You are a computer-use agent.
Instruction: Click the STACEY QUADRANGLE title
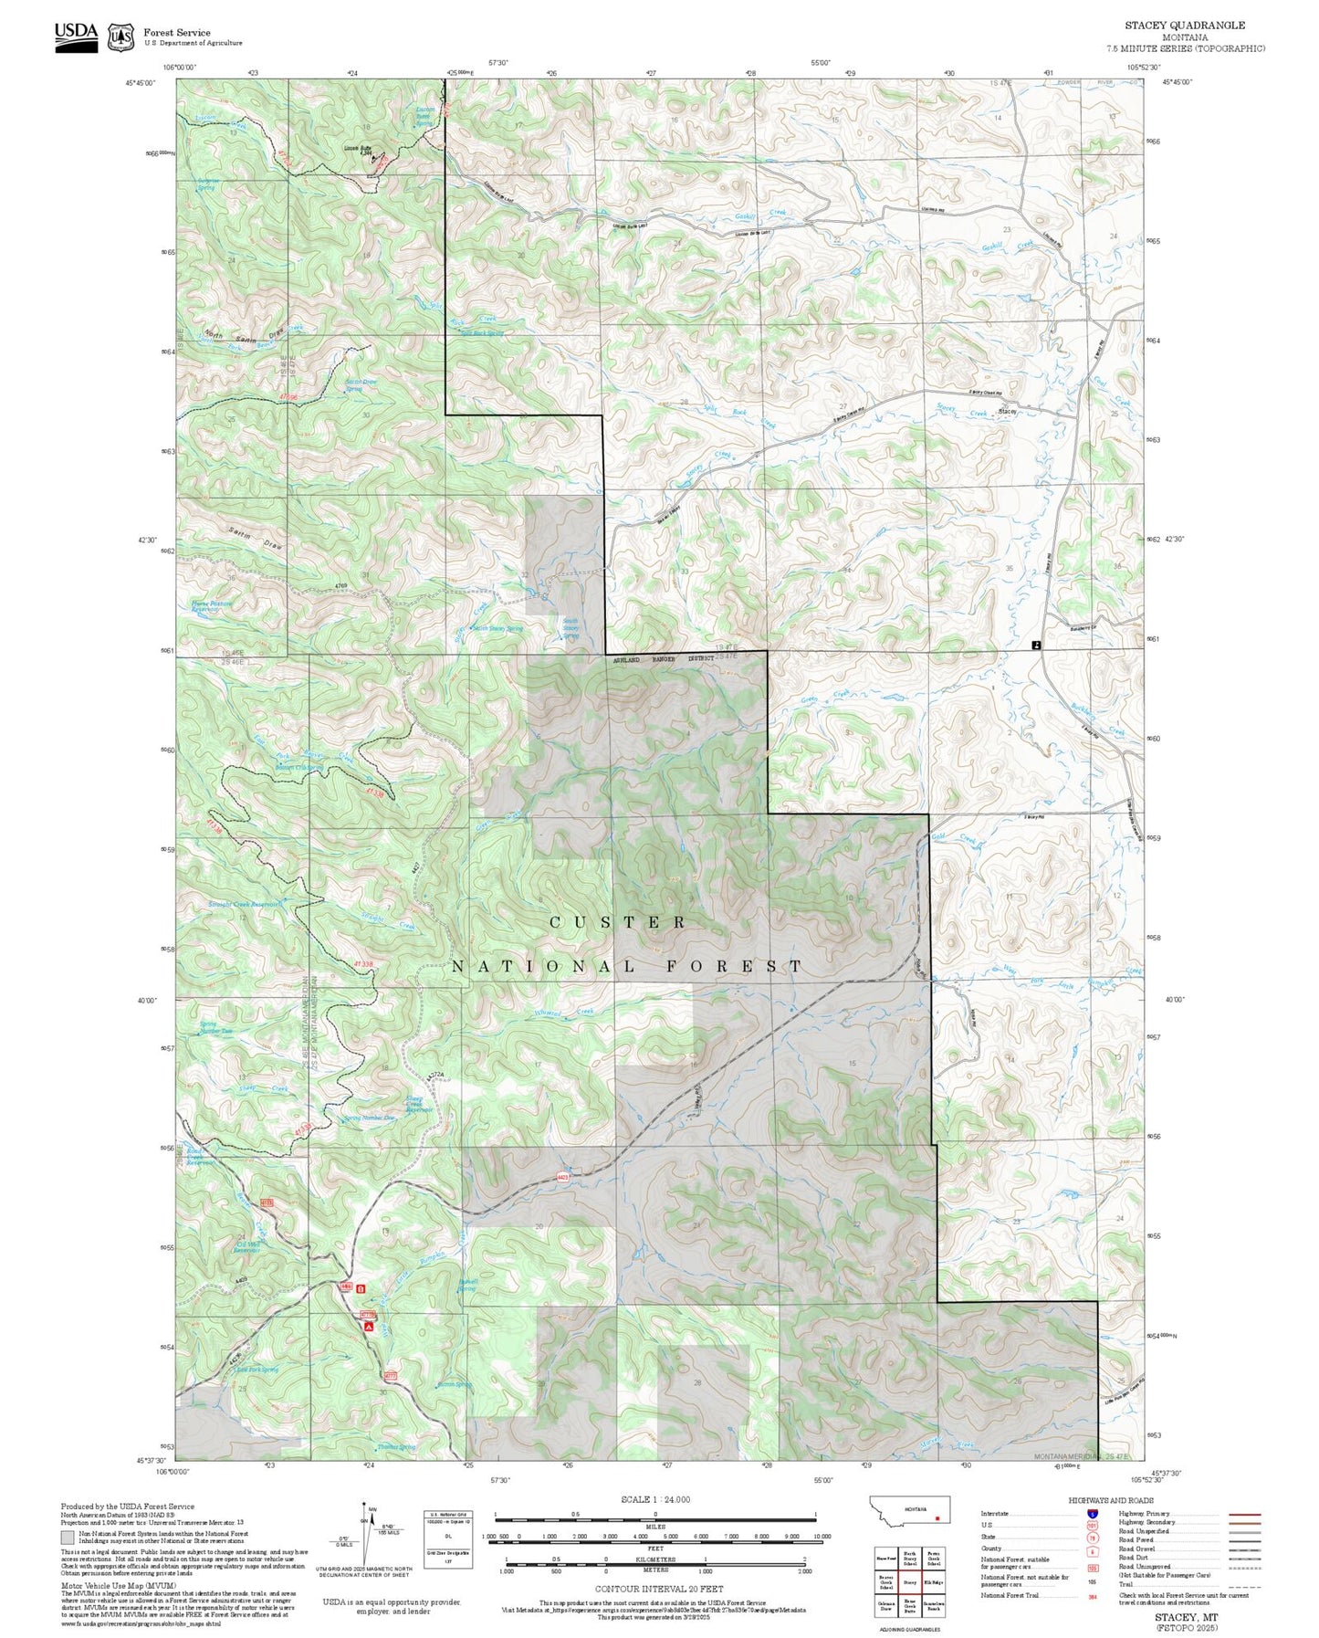click(x=1184, y=25)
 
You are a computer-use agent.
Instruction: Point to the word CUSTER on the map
click(x=618, y=922)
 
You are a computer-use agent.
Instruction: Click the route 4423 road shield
click(x=563, y=1178)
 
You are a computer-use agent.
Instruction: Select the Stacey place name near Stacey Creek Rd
click(x=1007, y=412)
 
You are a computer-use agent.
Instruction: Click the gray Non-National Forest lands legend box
click(x=68, y=1537)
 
